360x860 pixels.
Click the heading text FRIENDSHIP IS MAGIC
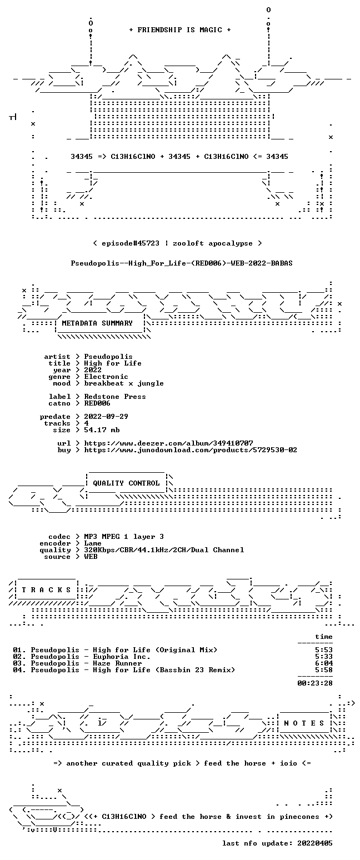coord(180,30)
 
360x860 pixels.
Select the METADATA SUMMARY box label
coord(97,323)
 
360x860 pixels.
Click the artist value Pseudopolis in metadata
coord(108,357)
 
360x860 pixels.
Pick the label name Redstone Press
coord(115,397)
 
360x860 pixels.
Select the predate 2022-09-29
coord(106,417)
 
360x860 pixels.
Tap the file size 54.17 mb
coord(102,430)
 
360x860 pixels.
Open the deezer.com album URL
coord(168,443)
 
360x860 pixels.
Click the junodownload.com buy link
coord(191,450)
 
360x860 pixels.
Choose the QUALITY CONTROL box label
coord(126,483)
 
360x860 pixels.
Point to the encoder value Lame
coord(93,543)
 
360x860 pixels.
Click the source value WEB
coord(91,557)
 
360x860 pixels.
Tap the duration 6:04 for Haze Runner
coord(324,663)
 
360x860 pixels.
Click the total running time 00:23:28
coord(315,683)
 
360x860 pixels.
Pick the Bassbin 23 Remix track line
coord(124,670)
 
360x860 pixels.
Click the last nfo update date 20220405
coord(315,843)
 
